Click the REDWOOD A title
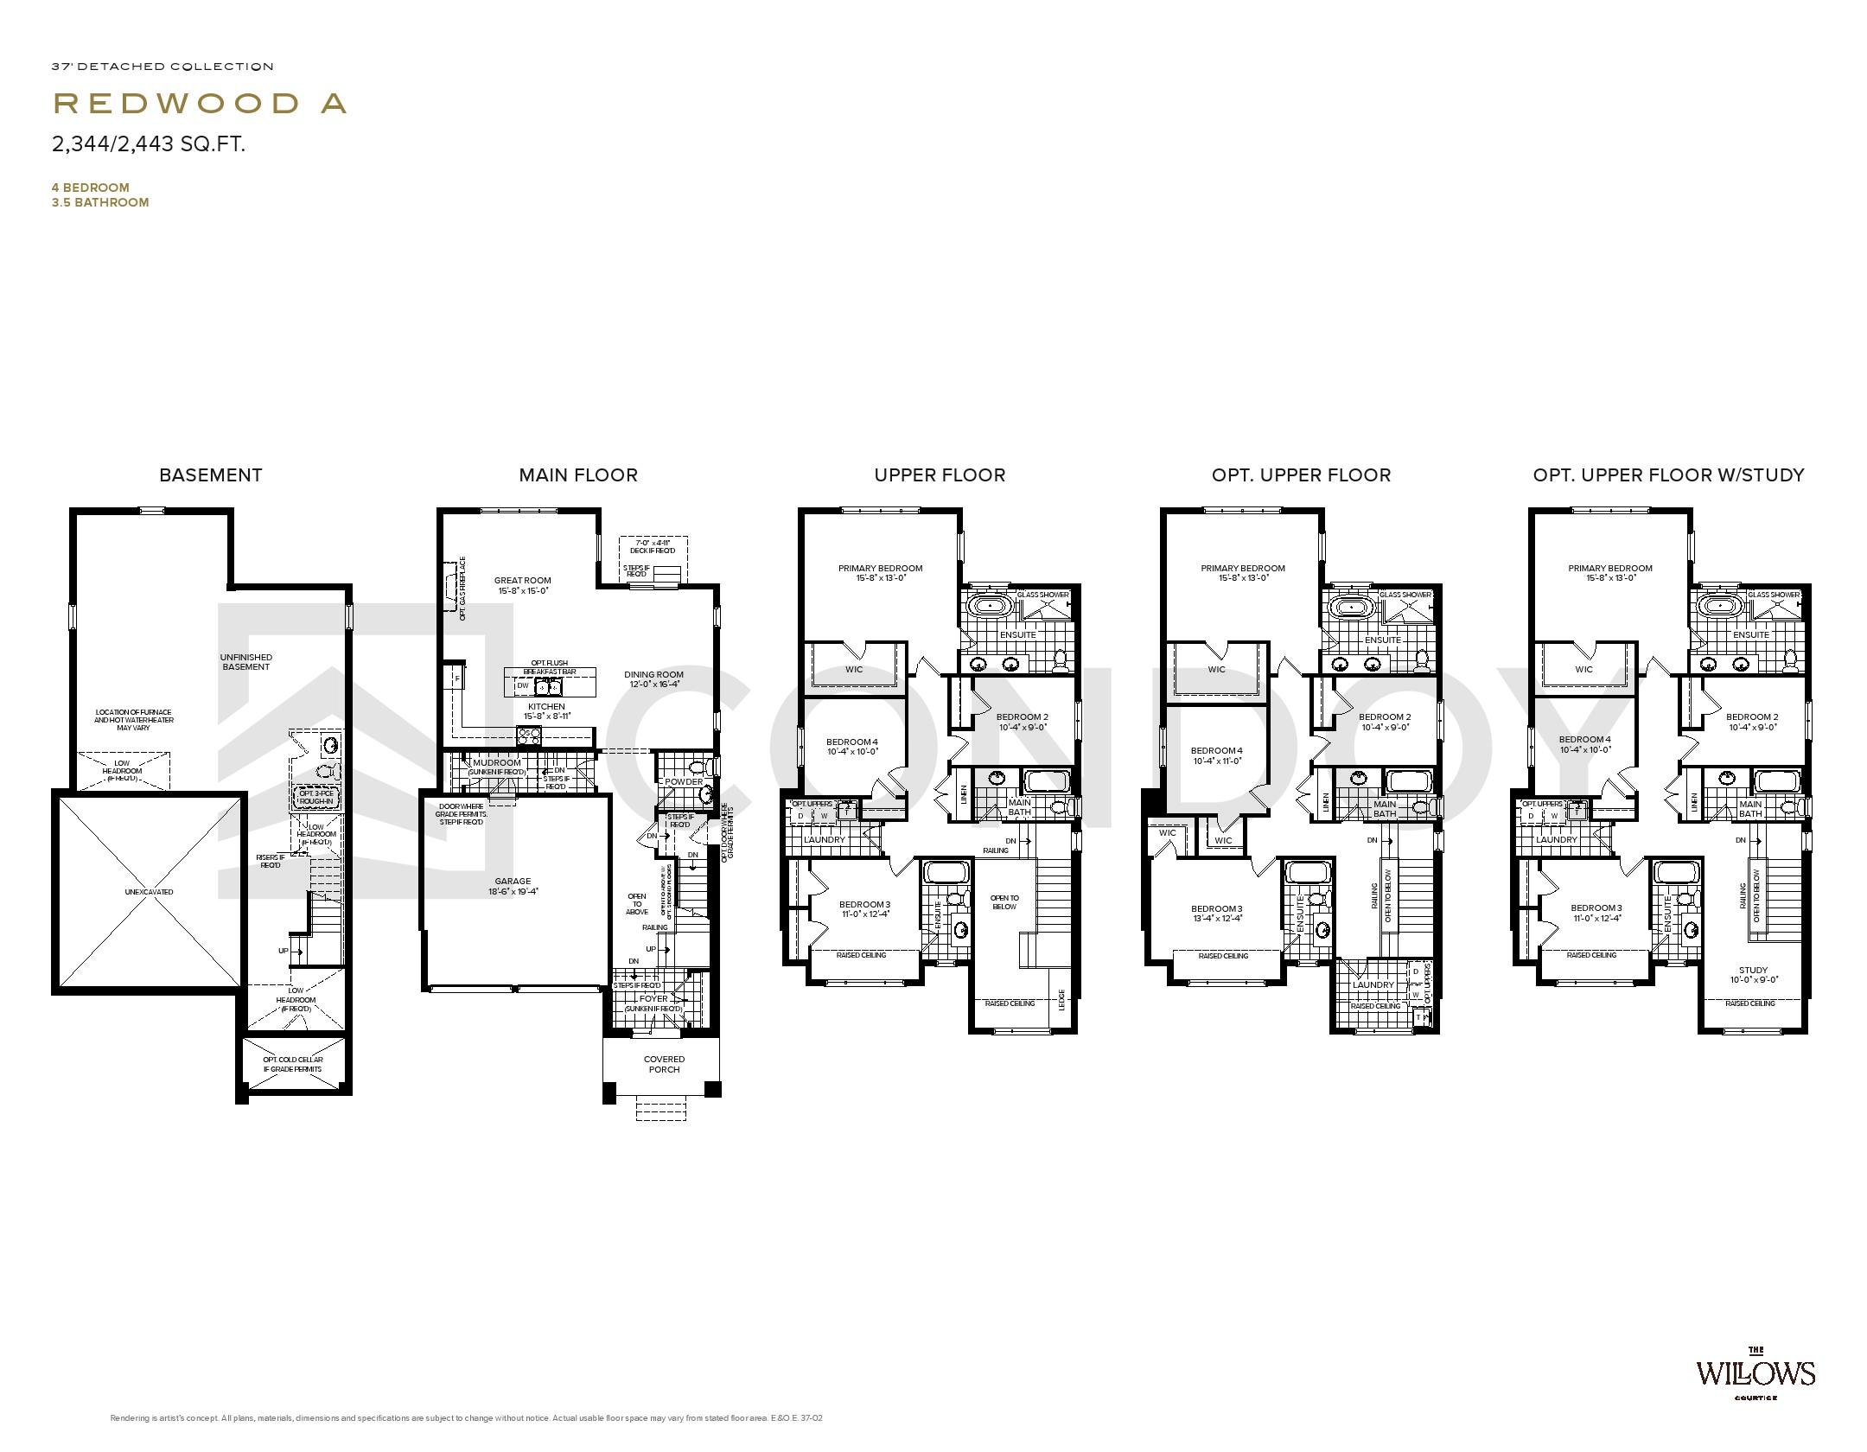[x=201, y=104]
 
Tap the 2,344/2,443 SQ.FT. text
[x=149, y=144]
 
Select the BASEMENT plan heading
[x=210, y=474]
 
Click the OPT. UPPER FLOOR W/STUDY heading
[x=1668, y=474]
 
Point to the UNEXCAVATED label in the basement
[x=149, y=891]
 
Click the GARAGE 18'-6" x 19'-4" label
[x=513, y=886]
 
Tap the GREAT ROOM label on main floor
[x=523, y=585]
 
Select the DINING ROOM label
[x=653, y=678]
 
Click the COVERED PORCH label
[x=664, y=1064]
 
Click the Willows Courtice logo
[x=1755, y=1397]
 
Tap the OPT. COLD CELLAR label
[x=293, y=1064]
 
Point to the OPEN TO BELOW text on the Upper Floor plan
[x=1004, y=902]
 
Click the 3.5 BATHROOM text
[x=100, y=202]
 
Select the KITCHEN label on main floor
[x=546, y=711]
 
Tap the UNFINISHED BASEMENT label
[x=246, y=661]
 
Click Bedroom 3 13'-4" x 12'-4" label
[x=1216, y=913]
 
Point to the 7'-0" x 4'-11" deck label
[x=653, y=545]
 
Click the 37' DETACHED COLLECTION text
[x=162, y=67]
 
